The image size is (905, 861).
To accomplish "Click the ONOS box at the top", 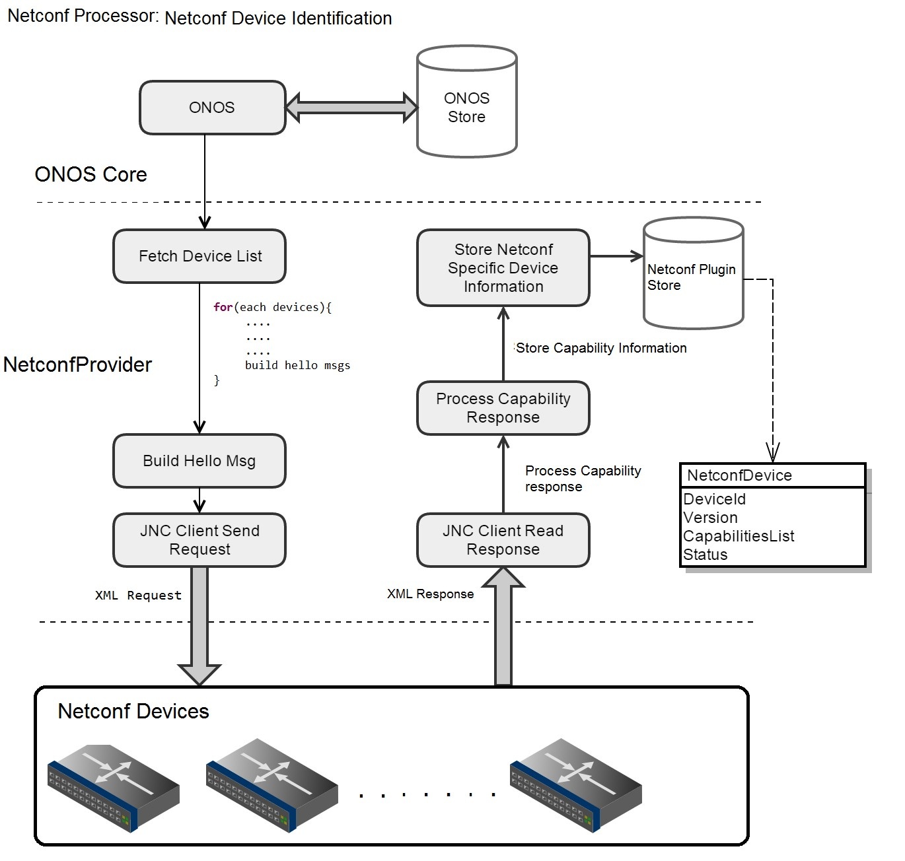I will click(212, 108).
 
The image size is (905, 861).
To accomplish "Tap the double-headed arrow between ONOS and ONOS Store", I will click(351, 108).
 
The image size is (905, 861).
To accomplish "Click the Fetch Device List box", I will click(199, 256).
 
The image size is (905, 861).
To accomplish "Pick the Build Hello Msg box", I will click(199, 461).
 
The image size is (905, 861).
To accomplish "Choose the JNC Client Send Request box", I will click(199, 540).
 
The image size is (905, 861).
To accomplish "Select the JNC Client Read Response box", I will click(503, 540).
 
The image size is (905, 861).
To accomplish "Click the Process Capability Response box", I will click(503, 408).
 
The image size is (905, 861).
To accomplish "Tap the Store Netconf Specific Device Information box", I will click(503, 268).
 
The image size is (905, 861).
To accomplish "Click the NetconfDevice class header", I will click(772, 475).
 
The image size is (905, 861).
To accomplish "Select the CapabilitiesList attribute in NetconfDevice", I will click(739, 536).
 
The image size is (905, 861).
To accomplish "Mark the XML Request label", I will click(138, 596).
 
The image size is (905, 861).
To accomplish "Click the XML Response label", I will click(430, 594).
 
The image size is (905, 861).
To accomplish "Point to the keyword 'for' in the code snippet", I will click(223, 307).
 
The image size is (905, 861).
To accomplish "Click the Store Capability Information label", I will click(601, 348).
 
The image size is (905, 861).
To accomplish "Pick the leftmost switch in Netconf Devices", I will click(114, 783).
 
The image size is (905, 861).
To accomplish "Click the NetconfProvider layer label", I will click(78, 364).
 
